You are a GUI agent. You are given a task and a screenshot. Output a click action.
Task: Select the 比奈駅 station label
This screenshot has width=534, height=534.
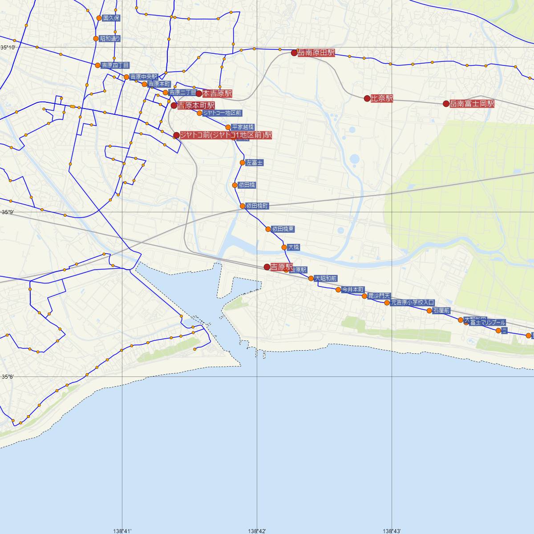382,98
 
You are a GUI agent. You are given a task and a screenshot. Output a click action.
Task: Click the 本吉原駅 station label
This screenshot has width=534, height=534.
217,93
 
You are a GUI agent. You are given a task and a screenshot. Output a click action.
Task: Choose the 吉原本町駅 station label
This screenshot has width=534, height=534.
196,105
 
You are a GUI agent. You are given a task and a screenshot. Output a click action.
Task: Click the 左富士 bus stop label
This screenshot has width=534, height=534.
255,163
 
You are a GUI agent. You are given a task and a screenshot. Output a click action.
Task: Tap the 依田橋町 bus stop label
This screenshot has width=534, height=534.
257,206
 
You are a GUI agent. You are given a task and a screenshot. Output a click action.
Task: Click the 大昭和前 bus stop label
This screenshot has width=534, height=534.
326,279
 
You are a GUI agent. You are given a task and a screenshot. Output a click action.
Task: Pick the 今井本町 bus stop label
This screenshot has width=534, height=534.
353,289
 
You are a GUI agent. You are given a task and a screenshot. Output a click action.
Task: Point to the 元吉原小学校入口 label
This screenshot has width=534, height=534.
412,303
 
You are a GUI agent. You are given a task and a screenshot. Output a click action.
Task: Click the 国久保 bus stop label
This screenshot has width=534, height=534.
111,18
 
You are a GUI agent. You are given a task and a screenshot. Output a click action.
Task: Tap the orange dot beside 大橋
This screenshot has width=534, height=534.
284,247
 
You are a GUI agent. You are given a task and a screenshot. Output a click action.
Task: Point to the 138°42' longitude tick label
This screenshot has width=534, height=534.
257,530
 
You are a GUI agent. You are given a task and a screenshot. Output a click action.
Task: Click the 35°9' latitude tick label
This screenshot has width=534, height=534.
8,212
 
